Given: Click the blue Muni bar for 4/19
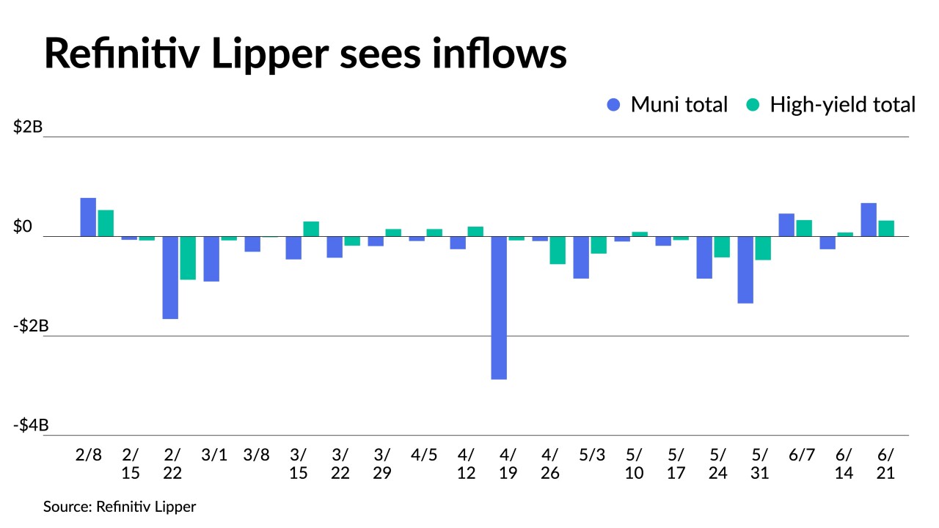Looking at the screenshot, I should point(499,307).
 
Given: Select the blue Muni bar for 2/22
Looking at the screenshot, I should point(170,277).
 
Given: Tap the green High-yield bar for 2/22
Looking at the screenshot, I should point(188,257).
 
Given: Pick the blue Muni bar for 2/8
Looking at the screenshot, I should point(88,217).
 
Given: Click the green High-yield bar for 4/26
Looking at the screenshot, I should point(558,250).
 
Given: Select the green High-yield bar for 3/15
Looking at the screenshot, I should point(311,229).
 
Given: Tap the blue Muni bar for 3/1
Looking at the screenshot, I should point(211,258).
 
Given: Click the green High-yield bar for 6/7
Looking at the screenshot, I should point(804,228).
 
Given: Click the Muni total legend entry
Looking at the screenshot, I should point(668,105).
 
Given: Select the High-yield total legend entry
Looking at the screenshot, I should point(830,105).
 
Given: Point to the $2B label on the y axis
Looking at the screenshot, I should point(28,127).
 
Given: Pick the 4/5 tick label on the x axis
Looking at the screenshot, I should point(424,455).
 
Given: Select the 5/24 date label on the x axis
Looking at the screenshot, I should point(717,463).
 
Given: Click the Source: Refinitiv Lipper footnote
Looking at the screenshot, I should point(120,506).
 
